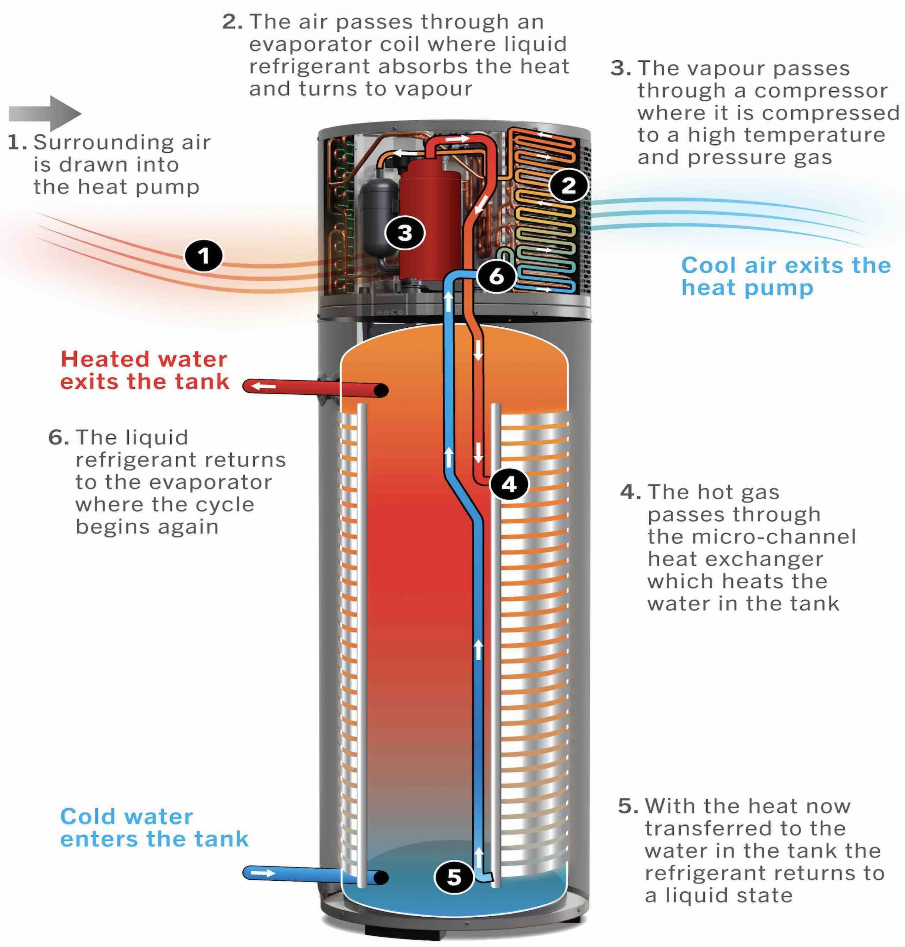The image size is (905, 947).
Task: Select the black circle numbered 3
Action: point(405,233)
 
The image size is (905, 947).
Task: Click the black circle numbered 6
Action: point(496,276)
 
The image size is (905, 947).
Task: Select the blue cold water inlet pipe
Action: point(309,874)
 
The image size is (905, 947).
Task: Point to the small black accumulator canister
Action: point(378,217)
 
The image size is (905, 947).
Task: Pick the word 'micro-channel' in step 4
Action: point(752,537)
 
